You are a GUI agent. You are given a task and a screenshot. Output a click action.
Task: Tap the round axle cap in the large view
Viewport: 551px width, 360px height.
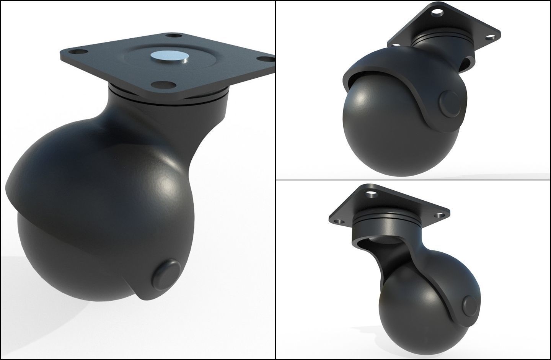(167, 274)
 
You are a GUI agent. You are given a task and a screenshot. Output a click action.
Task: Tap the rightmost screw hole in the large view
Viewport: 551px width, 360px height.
(262, 59)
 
